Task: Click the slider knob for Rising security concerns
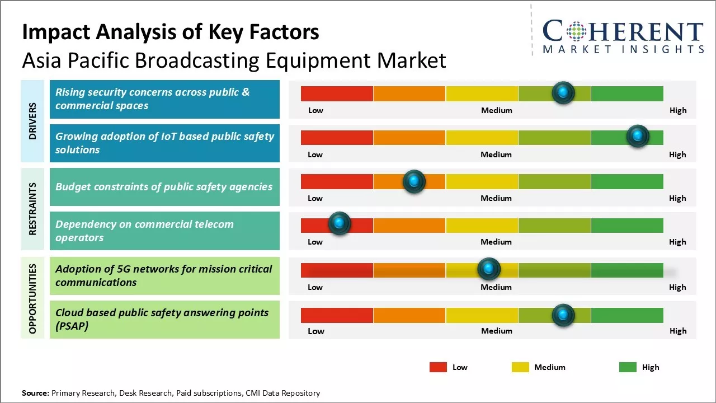click(x=563, y=92)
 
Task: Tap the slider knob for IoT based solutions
click(x=638, y=136)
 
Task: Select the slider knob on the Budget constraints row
click(x=414, y=181)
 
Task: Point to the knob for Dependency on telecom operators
click(x=339, y=223)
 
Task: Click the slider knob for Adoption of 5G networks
click(x=489, y=269)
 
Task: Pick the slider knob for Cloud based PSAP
click(x=563, y=315)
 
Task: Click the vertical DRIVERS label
click(x=32, y=121)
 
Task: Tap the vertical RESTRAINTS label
click(x=32, y=209)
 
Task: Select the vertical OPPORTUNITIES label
click(x=32, y=298)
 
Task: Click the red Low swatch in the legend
click(x=438, y=367)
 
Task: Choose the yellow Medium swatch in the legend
click(x=520, y=367)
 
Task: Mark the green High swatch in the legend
click(x=628, y=367)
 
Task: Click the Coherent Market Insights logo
click(x=623, y=36)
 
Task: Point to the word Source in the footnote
click(x=35, y=393)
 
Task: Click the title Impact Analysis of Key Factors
click(x=171, y=32)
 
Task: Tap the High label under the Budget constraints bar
click(x=677, y=198)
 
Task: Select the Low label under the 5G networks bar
click(x=315, y=287)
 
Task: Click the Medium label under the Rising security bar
click(x=496, y=110)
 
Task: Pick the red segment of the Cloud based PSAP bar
click(x=337, y=315)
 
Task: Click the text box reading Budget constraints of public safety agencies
click(x=164, y=187)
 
